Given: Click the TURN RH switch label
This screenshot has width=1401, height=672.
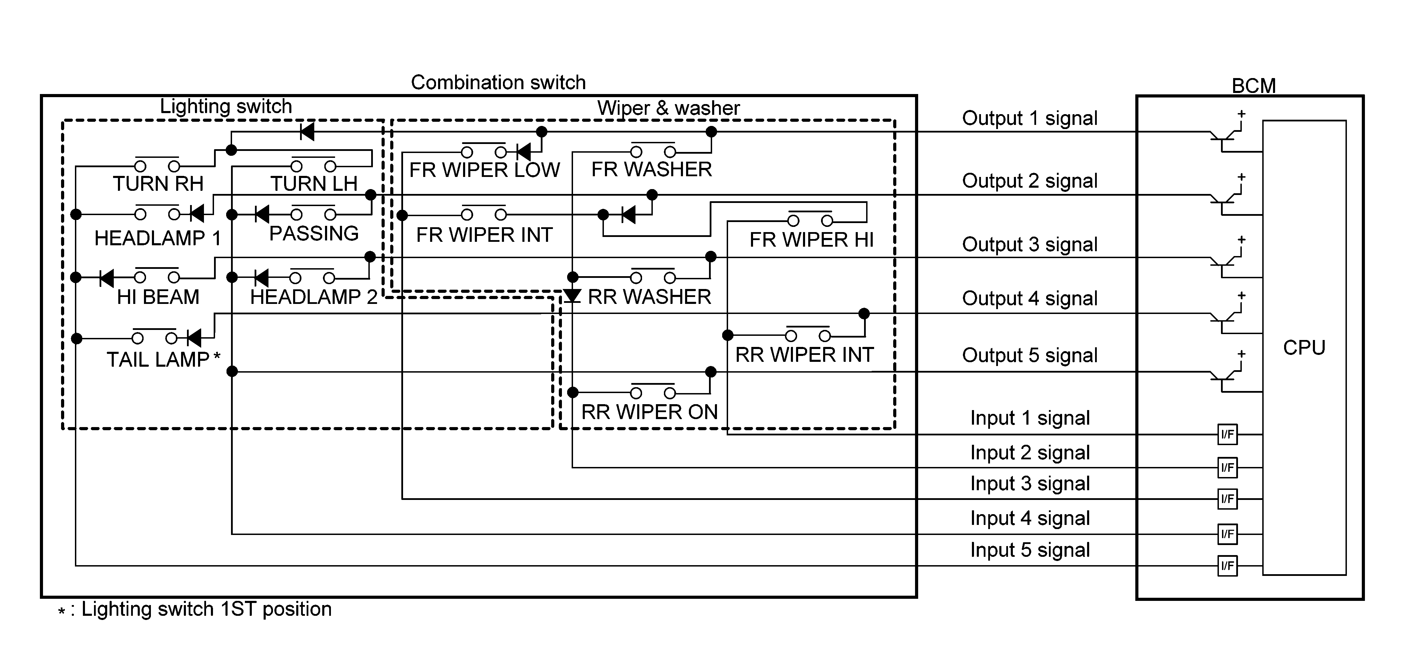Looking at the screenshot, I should point(158,184).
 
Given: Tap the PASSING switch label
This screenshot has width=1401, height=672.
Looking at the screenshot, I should point(314,233).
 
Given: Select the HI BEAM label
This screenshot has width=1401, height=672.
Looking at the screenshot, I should point(158,297).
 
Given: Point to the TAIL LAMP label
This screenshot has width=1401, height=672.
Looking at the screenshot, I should point(158,360).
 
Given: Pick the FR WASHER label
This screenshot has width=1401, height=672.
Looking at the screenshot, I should point(651,170).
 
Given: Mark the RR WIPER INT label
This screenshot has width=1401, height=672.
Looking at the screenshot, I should point(804,355).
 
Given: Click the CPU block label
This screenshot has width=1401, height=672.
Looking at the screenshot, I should point(1304,348).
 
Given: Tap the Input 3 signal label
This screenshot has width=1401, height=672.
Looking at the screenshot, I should point(1030,484).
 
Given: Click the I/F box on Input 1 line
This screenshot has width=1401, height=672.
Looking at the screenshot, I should point(1227,434).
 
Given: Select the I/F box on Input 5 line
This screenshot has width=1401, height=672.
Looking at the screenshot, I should point(1227,566).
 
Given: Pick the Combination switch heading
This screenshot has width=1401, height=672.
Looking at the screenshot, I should point(498,83).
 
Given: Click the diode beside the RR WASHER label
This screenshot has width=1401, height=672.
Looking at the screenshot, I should point(572,296).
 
